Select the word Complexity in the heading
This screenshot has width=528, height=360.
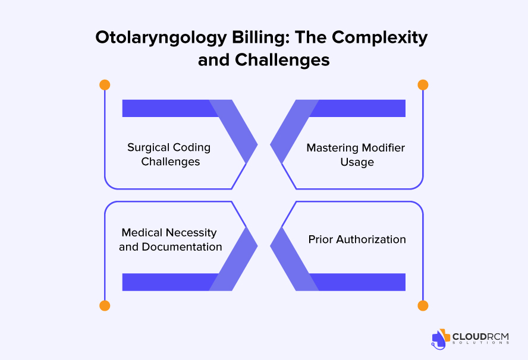[x=379, y=37]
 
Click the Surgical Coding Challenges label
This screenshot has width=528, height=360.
[x=170, y=154]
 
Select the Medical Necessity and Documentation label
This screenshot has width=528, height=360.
[x=170, y=239]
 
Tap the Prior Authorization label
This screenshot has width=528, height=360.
[x=357, y=239]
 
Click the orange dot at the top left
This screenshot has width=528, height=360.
[x=105, y=85]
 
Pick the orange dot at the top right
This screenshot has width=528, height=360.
[x=423, y=85]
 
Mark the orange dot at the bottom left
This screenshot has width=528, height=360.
[x=105, y=306]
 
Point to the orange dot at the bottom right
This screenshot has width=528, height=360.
[x=423, y=306]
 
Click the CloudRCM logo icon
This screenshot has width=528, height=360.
[x=441, y=337]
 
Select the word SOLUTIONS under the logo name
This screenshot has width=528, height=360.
[x=481, y=343]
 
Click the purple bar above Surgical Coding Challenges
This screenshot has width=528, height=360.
[x=166, y=108]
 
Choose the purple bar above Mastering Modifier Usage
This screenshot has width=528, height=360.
[x=360, y=108]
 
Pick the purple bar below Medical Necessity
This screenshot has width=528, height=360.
[x=166, y=282]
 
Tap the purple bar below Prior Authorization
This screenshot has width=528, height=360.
[x=360, y=282]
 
